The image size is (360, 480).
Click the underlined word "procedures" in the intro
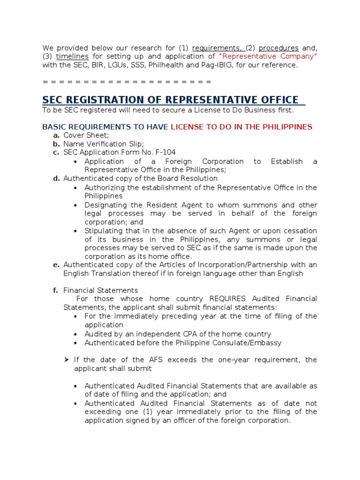pos(278,48)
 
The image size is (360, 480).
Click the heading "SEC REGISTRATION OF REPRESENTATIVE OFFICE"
pos(170,100)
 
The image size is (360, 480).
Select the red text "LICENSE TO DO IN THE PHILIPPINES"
pos(241,127)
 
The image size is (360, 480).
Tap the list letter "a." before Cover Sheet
pos(56,135)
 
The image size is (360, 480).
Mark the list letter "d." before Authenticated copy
pos(56,179)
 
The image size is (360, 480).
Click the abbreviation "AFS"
pos(154,360)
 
